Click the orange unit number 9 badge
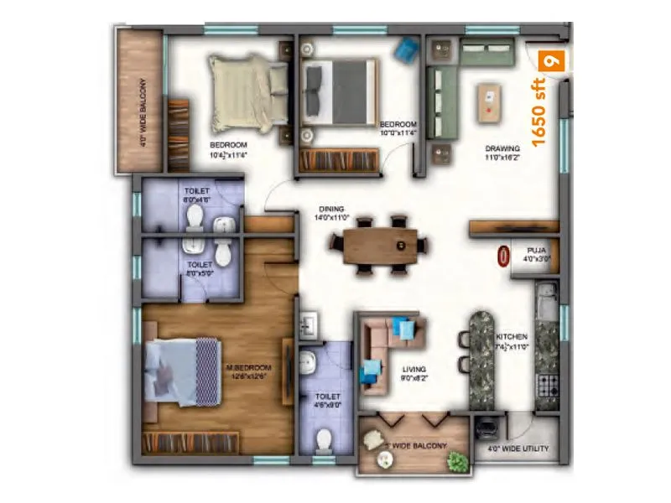(x=550, y=60)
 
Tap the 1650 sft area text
(x=540, y=111)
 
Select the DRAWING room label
(x=502, y=149)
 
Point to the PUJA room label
(x=538, y=251)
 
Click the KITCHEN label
(x=511, y=336)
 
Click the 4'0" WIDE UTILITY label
(x=518, y=449)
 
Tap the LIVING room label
(x=414, y=369)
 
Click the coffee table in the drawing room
(x=489, y=101)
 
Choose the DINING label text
(x=331, y=209)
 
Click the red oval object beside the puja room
(x=503, y=256)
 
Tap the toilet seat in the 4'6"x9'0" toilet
(x=324, y=439)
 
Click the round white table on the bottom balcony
(x=385, y=459)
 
